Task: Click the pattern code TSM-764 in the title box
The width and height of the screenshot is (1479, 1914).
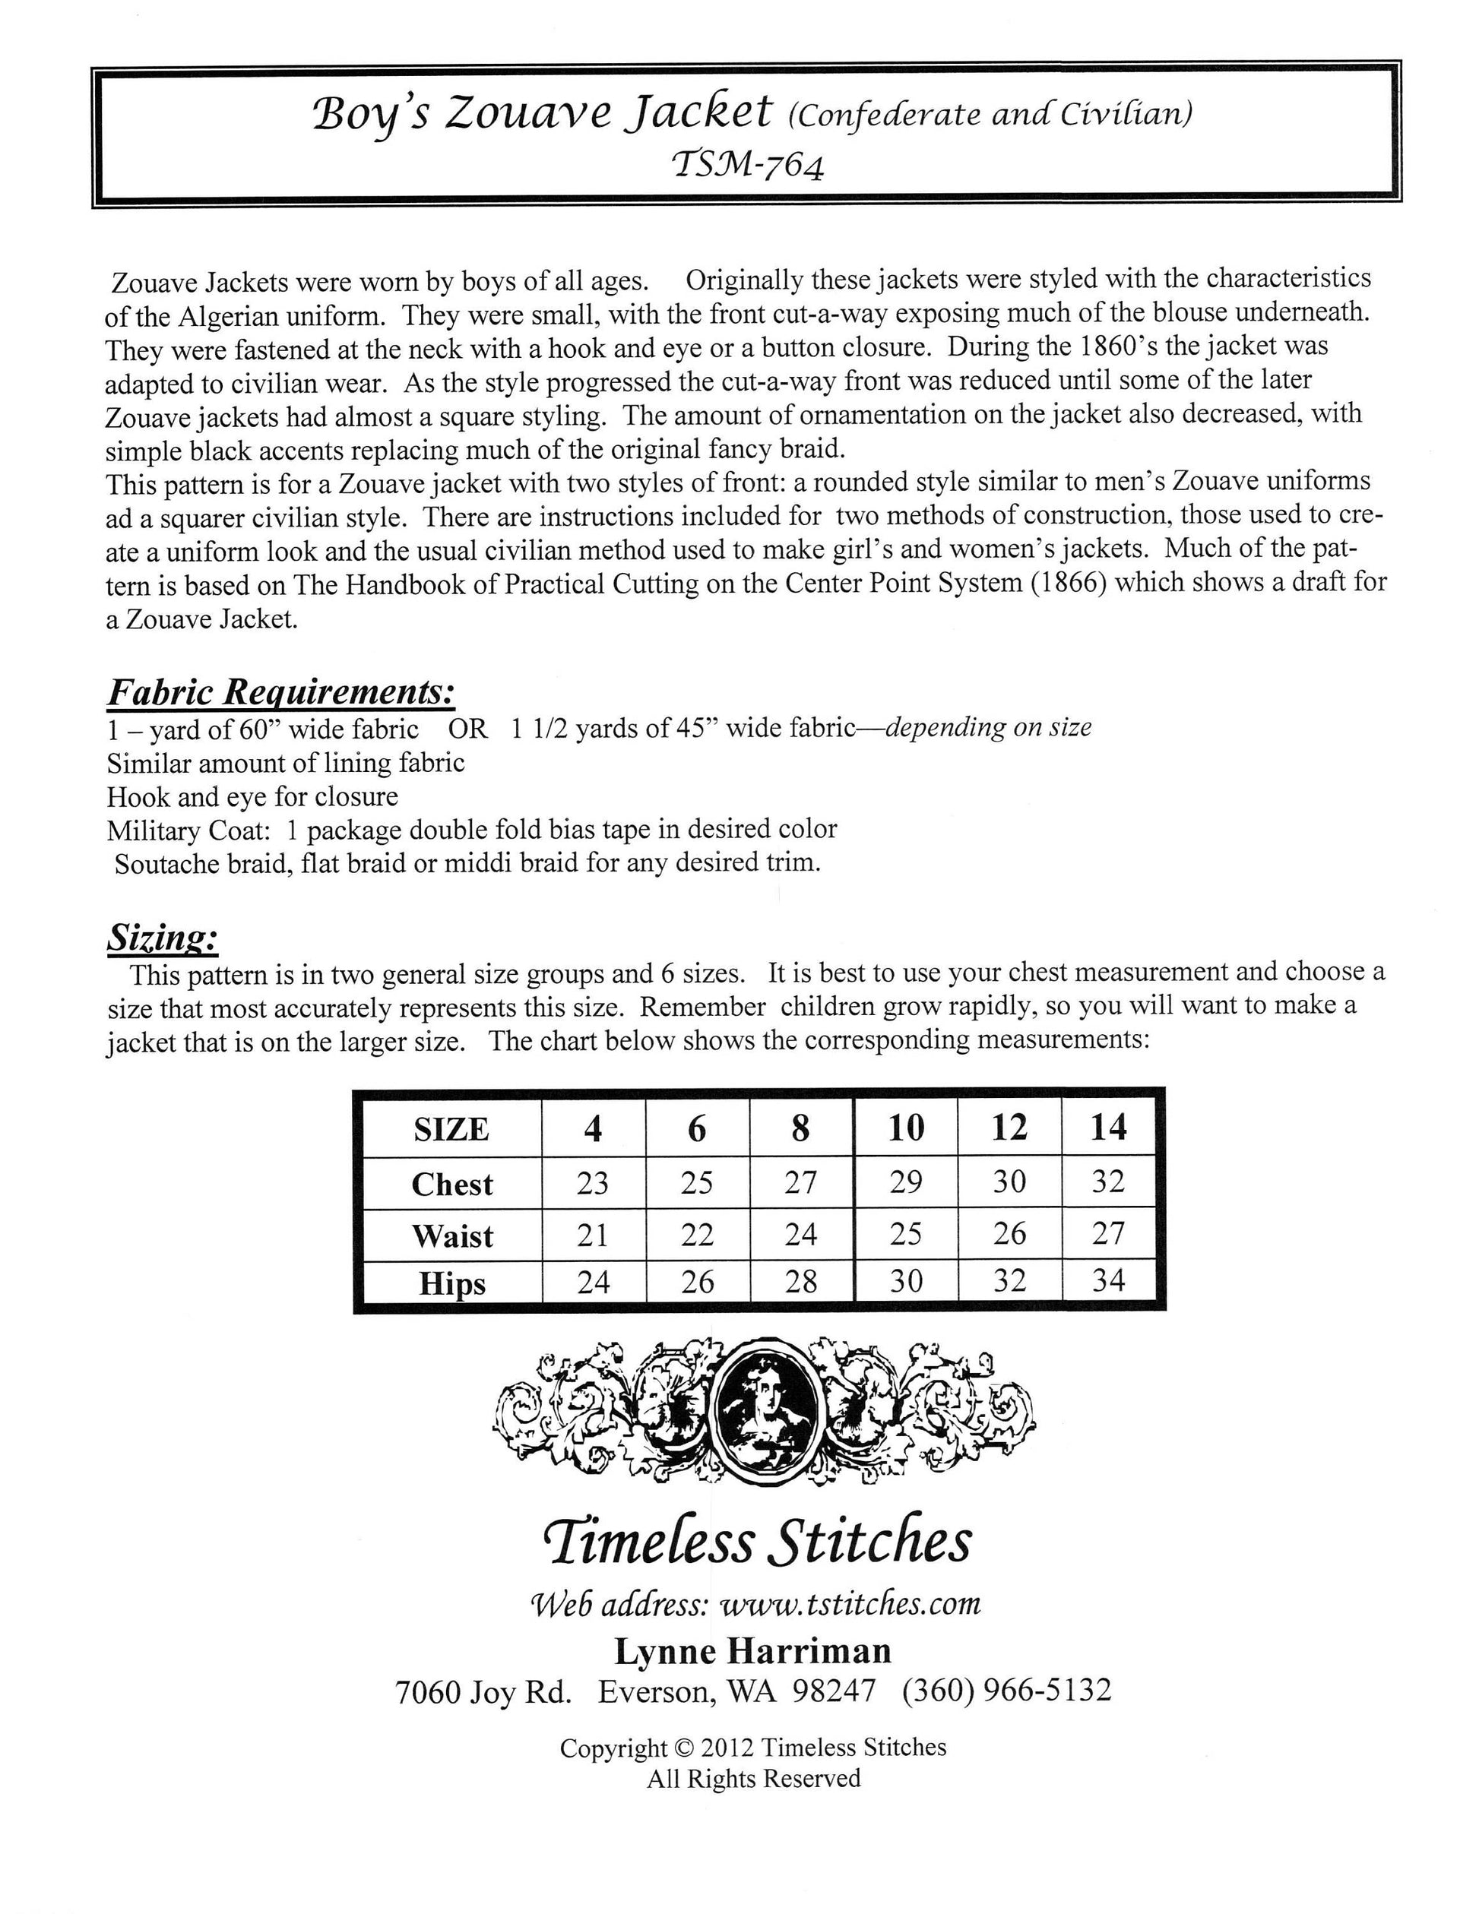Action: coord(747,165)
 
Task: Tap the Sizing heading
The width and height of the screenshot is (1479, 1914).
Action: coord(162,938)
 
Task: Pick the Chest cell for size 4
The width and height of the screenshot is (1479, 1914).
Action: coord(593,1183)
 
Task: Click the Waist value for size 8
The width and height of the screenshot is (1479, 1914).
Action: coord(800,1235)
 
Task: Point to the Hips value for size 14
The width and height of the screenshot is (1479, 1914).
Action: coord(1108,1281)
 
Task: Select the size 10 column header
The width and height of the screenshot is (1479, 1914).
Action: coord(906,1128)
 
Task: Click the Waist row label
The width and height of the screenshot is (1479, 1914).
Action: coord(452,1235)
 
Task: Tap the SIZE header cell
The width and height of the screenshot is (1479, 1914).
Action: coord(451,1130)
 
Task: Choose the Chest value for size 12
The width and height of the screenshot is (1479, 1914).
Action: coord(1009,1182)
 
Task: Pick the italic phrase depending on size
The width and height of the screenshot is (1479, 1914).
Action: coord(988,727)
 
